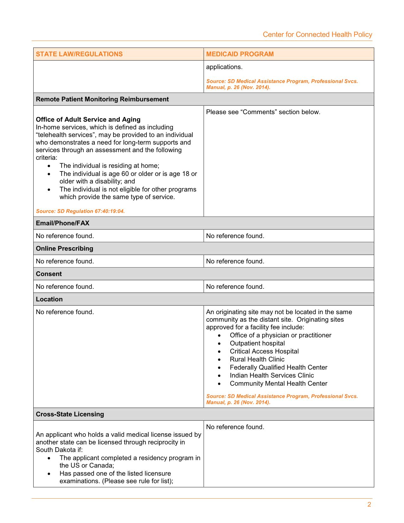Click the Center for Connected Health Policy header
317,35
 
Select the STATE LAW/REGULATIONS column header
79,54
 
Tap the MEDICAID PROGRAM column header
240,54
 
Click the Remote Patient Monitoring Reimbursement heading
102,99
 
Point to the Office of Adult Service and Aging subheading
88,119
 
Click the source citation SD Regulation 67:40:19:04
80,211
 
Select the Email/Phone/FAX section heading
62,223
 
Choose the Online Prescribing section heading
64,249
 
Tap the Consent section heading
49,274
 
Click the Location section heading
49,299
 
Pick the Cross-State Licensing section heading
70,414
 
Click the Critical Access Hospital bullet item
264,351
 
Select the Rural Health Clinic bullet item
257,359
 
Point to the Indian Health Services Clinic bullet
272,375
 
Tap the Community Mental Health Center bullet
278,384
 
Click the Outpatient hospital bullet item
257,343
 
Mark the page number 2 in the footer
369,505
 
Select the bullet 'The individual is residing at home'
109,166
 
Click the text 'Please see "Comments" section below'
263,112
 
